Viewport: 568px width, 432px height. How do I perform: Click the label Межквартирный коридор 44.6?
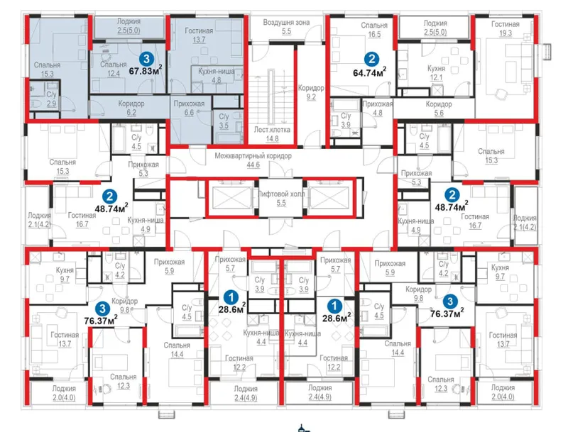click(253, 160)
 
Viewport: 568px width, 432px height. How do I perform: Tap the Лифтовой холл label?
click(281, 194)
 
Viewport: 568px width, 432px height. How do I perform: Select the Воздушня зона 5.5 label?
click(286, 27)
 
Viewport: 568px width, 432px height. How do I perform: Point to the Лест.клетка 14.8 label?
click(272, 134)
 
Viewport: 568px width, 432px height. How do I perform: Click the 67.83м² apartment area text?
click(146, 70)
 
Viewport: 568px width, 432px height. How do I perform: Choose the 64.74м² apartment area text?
click(369, 72)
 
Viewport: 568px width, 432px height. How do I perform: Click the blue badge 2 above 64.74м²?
click(371, 59)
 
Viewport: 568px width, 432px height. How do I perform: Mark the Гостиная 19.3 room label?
click(506, 28)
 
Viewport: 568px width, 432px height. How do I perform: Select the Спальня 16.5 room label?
click(374, 30)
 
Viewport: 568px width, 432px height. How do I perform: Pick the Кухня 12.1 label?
click(436, 73)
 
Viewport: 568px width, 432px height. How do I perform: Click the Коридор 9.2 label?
click(311, 92)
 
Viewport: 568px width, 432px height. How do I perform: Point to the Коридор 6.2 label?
click(131, 108)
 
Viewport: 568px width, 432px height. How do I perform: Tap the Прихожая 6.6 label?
click(189, 108)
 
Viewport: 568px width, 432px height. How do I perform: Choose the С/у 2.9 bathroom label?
click(51, 99)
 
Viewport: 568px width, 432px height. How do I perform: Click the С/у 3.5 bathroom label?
click(224, 121)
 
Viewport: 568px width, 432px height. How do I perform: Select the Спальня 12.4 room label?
click(114, 69)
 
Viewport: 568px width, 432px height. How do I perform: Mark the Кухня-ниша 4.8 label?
click(217, 76)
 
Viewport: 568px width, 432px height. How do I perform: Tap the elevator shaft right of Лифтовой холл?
click(329, 197)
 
